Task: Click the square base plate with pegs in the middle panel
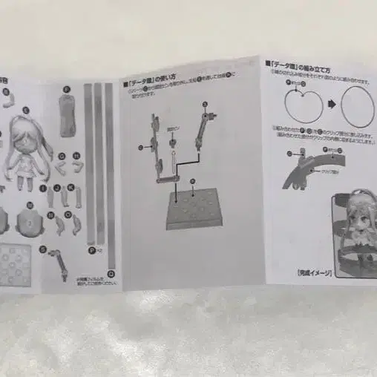pyautogui.click(x=195, y=209)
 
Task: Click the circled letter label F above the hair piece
pyautogui.click(x=66, y=90)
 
